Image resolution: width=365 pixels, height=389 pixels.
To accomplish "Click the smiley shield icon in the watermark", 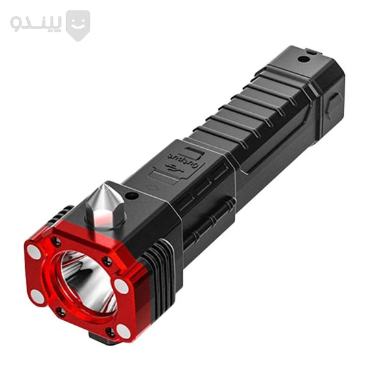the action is (x=78, y=25).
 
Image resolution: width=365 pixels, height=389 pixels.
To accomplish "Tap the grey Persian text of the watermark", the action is (x=36, y=24).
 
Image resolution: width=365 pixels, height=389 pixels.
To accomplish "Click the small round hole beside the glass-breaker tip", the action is (x=132, y=196).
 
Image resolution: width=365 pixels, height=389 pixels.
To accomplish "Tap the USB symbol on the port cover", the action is (x=174, y=169).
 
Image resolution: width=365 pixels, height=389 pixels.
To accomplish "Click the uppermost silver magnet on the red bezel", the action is (x=34, y=252).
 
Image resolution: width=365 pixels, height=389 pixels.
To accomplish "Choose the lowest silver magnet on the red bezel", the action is (x=123, y=331).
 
